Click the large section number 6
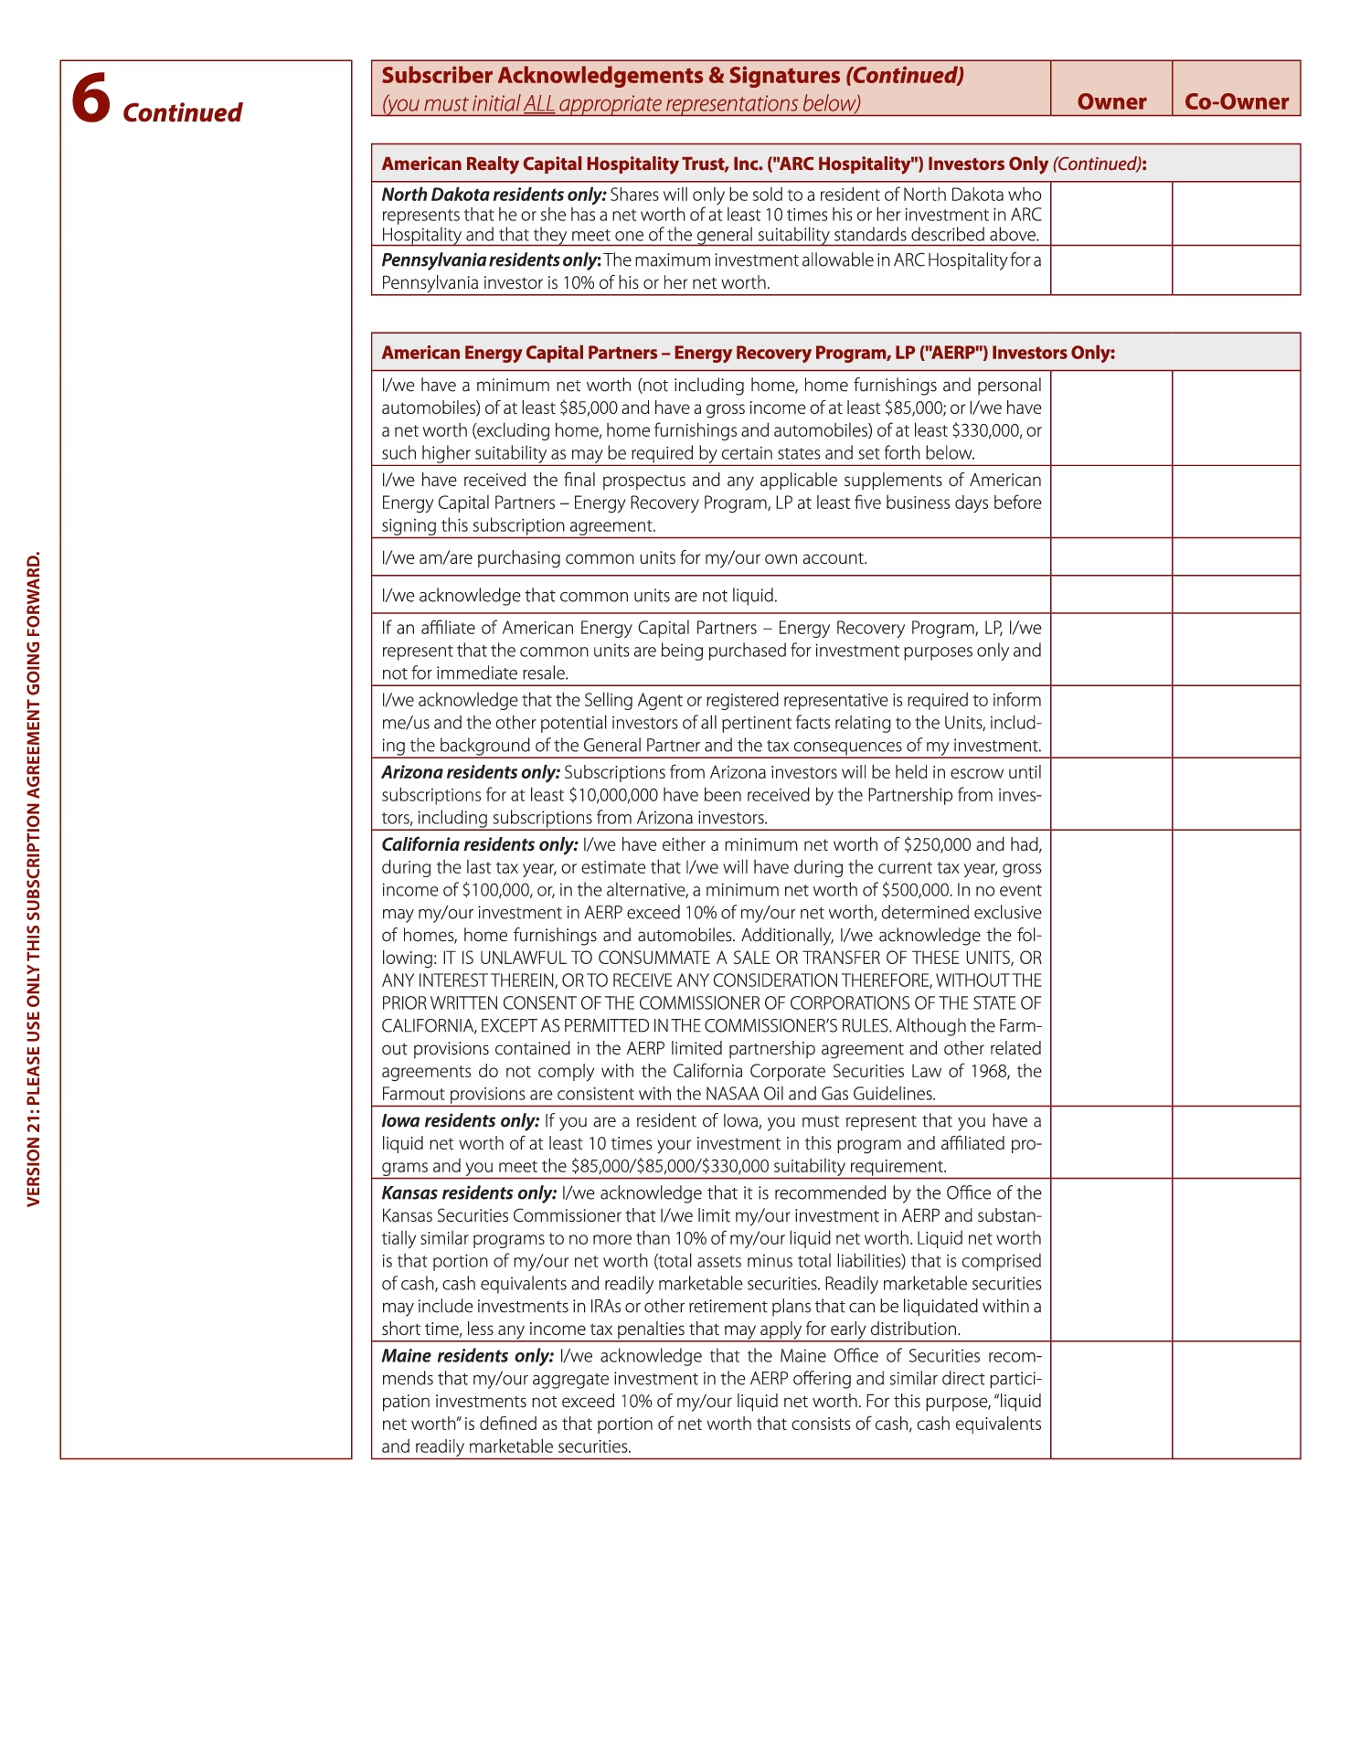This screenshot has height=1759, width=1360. pyautogui.click(x=90, y=99)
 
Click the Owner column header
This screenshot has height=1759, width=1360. pyautogui.click(x=1111, y=101)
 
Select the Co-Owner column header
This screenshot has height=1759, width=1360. pyautogui.click(x=1236, y=101)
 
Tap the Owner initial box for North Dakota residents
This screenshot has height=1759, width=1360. pyautogui.click(x=1111, y=214)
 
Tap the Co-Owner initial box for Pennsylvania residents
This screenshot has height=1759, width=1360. pyautogui.click(x=1236, y=270)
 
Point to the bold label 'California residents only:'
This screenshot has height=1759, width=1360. pyautogui.click(x=479, y=844)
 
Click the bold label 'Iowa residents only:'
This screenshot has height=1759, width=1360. pyautogui.click(x=460, y=1120)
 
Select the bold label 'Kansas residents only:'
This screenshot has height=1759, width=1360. pyautogui.click(x=469, y=1192)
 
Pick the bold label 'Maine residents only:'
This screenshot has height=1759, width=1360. pyautogui.click(x=467, y=1356)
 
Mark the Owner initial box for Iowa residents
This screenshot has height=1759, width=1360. pyautogui.click(x=1111, y=1142)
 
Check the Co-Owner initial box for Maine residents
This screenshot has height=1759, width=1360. pyautogui.click(x=1236, y=1400)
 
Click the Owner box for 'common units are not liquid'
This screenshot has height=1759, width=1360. pyautogui.click(x=1111, y=595)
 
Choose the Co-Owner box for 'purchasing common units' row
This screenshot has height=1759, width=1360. pyautogui.click(x=1236, y=556)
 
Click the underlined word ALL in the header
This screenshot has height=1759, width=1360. pyautogui.click(x=539, y=104)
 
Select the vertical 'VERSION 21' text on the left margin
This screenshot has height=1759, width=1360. pyautogui.click(x=34, y=878)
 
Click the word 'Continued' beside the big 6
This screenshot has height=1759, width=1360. pyautogui.click(x=182, y=113)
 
